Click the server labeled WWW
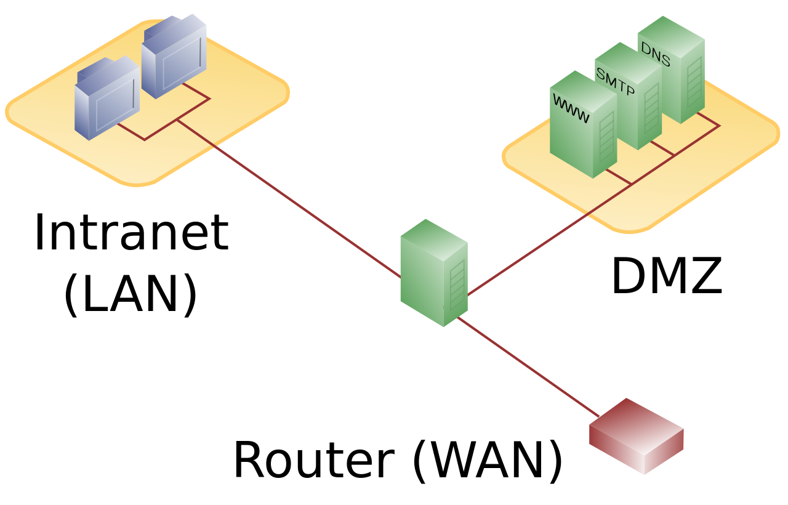582,132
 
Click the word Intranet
131,233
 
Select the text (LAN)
131,294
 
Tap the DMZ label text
666,277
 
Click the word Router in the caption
313,461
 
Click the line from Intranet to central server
289,199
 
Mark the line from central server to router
529,367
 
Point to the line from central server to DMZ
548,240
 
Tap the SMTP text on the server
615,82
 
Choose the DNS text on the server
656,54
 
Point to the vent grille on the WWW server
606,139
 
